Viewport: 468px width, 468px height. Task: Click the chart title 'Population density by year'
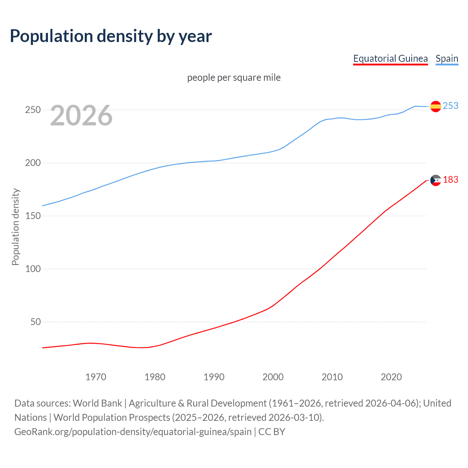pos(111,36)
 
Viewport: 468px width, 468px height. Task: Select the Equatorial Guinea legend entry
pos(390,58)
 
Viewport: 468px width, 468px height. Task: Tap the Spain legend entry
pos(447,58)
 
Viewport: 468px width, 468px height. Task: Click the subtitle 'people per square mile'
pos(234,78)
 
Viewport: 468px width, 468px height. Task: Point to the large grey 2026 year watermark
pos(81,116)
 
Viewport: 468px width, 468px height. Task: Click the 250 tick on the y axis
pos(33,110)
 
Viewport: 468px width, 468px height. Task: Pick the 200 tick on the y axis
pos(33,163)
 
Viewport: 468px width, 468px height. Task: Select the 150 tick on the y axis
pos(33,216)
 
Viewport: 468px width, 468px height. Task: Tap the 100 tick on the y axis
pos(33,269)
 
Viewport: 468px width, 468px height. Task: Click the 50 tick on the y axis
pos(35,322)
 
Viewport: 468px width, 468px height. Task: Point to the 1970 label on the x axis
pos(96,377)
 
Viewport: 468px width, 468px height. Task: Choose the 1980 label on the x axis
pos(155,377)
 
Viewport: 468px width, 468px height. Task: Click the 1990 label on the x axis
pos(214,377)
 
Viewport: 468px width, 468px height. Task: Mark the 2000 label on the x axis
pos(273,377)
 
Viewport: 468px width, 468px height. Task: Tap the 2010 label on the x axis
pos(332,377)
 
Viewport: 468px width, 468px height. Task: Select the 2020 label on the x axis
pos(391,377)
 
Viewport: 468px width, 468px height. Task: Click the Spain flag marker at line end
pos(435,106)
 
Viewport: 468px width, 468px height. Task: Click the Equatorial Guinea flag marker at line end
pos(435,180)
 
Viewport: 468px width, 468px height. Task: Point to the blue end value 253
pos(450,106)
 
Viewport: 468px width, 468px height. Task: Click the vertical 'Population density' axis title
pos(15,227)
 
